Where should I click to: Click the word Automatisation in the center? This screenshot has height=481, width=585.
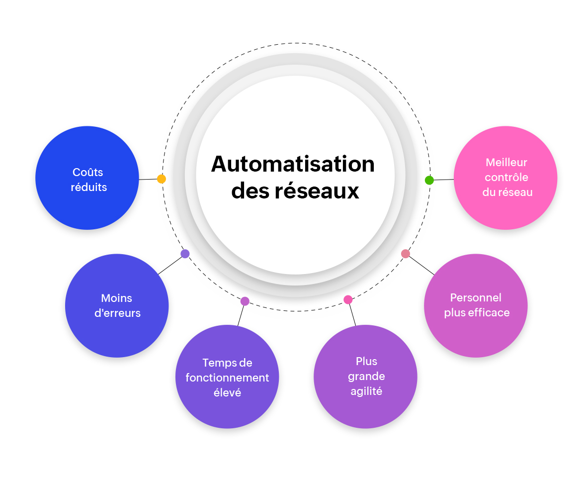pos(293,164)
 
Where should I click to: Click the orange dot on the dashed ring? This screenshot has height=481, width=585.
pos(161,179)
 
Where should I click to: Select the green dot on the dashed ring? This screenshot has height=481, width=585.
pos(429,180)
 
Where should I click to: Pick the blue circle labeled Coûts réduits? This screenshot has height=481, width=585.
pos(87,178)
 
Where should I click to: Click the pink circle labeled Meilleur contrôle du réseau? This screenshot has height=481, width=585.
pos(505,178)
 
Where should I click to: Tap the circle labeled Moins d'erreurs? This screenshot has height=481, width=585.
pos(117,305)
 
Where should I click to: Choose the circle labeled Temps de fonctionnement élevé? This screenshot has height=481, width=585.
pos(227,377)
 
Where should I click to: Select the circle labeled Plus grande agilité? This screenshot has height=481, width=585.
pos(365,377)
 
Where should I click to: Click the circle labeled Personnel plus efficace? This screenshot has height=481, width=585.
pos(476,305)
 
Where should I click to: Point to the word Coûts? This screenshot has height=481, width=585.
pos(88,172)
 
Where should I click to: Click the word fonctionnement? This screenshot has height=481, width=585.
pos(227,378)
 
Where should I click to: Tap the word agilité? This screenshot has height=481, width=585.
pos(366,391)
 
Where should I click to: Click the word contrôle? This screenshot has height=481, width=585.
pos(506,177)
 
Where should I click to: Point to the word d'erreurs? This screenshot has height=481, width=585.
pos(117,313)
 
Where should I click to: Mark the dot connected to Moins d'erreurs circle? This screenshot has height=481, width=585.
pos(185,254)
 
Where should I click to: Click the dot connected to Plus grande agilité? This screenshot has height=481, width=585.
pos(348,299)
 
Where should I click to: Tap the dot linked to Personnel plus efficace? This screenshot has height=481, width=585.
pos(406,254)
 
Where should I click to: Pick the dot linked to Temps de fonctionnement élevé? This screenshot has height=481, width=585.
pos(245,301)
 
